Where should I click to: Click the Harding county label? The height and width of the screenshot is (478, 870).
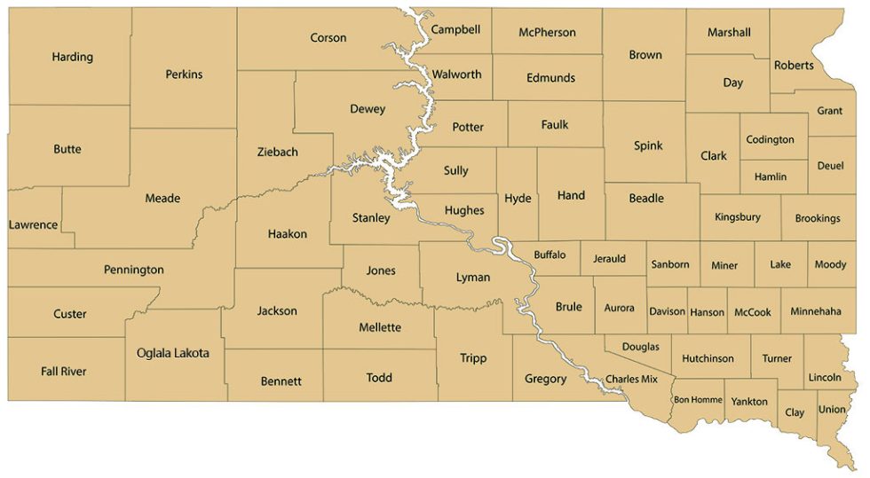(x=72, y=57)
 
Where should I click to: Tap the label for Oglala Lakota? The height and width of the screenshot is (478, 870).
(x=173, y=353)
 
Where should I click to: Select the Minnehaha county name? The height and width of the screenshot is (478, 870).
(x=815, y=312)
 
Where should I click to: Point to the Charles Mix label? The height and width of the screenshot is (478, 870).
(x=631, y=379)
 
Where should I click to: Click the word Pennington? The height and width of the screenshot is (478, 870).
(x=134, y=270)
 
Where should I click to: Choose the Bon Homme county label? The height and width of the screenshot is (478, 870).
(x=698, y=400)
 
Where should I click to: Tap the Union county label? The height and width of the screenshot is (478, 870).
(x=832, y=410)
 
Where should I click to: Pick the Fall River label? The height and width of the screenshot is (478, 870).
(x=64, y=371)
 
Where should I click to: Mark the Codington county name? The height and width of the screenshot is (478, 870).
(x=771, y=140)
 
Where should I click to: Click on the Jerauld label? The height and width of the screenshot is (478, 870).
(x=609, y=259)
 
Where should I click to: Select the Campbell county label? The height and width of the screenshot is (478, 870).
(x=455, y=29)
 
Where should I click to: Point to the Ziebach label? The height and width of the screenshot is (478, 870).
(x=278, y=152)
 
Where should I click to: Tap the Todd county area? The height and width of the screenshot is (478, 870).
(x=379, y=378)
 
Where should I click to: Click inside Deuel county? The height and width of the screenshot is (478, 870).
(x=831, y=166)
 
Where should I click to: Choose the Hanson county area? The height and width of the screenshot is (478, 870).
(x=708, y=312)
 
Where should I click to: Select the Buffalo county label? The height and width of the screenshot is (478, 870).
(x=550, y=255)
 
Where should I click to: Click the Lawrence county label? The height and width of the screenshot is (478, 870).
(x=33, y=225)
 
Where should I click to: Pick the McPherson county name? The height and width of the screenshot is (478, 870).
(x=547, y=33)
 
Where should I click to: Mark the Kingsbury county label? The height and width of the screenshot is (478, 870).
(x=738, y=217)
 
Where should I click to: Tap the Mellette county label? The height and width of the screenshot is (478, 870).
(x=380, y=327)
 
